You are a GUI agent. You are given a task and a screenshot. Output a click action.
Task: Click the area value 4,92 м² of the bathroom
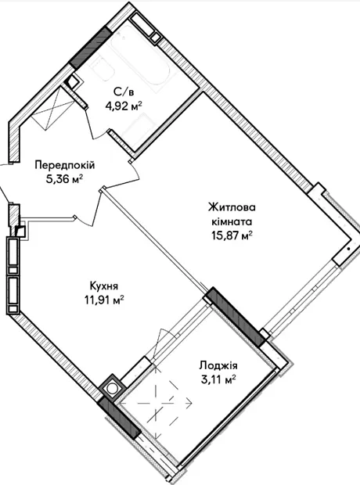[124, 106]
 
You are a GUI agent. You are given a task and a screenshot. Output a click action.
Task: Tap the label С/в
[123, 92]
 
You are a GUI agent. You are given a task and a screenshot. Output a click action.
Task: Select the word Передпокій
[65, 165]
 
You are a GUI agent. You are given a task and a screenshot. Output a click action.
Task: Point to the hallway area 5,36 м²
[65, 179]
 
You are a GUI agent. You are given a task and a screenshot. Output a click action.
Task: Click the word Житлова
[232, 207]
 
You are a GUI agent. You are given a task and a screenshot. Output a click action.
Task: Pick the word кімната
[232, 221]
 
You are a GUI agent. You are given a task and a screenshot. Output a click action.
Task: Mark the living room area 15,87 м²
[232, 236]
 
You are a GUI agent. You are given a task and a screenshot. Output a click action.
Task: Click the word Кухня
[104, 286]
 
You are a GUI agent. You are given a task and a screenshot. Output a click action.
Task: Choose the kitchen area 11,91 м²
[104, 300]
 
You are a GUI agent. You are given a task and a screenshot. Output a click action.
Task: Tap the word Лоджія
[218, 365]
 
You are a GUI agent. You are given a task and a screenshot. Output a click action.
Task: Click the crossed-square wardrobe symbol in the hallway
[53, 106]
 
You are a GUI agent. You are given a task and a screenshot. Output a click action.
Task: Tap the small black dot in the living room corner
[348, 249]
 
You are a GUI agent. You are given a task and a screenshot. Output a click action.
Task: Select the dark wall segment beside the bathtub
[90, 47]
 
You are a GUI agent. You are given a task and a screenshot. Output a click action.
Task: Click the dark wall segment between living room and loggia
[235, 317]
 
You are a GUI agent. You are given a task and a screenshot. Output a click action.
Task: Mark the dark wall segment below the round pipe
[119, 418]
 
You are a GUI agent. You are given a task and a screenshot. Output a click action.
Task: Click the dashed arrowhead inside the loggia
[189, 403]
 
